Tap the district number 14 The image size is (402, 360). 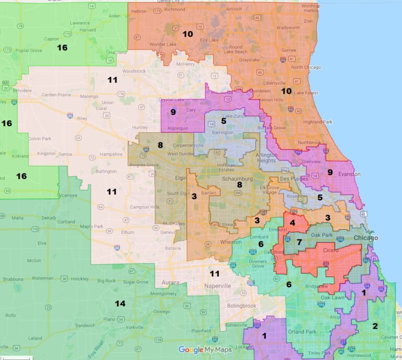tap(120, 303)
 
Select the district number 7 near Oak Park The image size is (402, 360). tap(299, 242)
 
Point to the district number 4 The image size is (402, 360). tap(292, 223)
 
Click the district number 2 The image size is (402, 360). tap(375, 325)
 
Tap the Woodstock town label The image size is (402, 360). tap(135, 71)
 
